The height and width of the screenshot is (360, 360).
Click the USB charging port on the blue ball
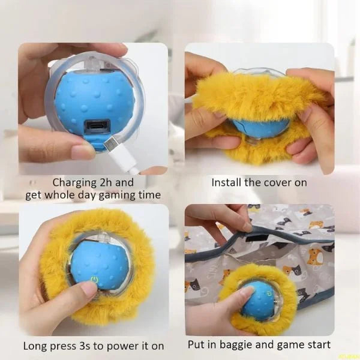[96, 127]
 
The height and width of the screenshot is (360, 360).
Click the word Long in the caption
[35, 346]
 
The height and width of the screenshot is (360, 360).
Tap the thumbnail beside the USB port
[83, 151]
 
